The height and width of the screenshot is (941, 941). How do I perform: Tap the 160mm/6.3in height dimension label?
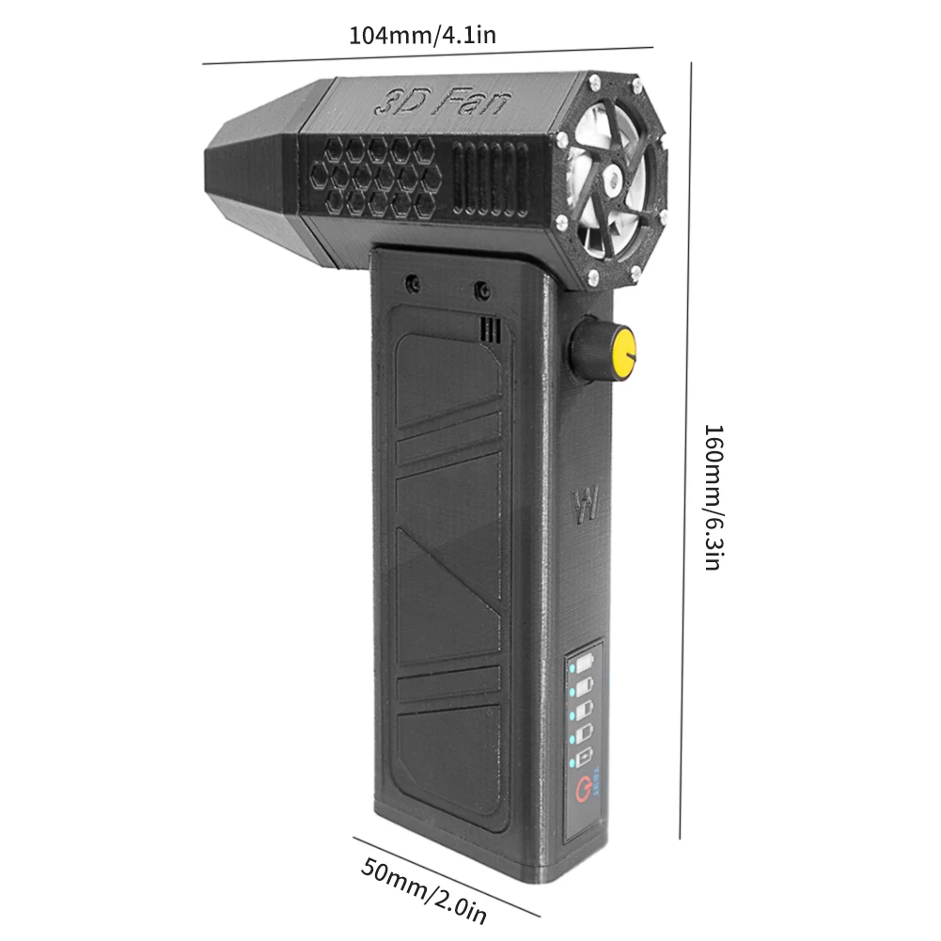tap(714, 497)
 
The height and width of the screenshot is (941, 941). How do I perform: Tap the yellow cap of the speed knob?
tap(623, 351)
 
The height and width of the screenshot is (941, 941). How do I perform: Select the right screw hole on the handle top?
tap(482, 288)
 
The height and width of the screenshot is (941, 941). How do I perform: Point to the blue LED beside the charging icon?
tap(570, 760)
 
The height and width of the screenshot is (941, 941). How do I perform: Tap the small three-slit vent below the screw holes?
tap(489, 328)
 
